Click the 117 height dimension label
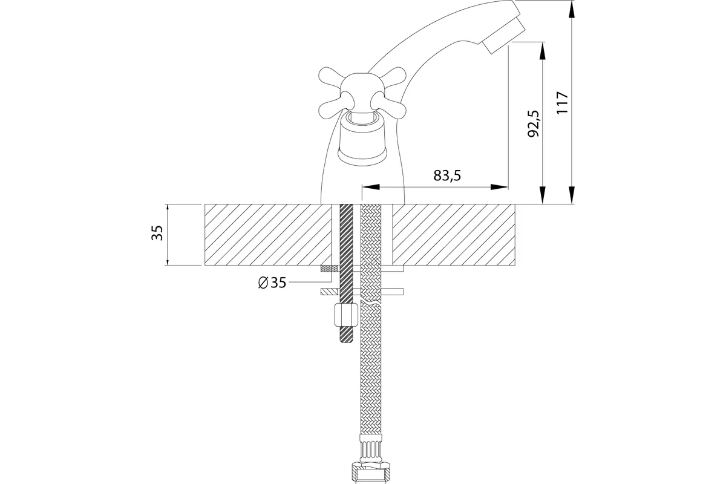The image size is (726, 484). click(x=563, y=102)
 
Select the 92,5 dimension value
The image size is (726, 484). click(x=533, y=123)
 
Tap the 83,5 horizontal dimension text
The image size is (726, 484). click(x=447, y=175)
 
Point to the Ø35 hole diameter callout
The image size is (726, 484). click(x=272, y=283)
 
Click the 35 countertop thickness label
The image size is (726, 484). click(x=157, y=232)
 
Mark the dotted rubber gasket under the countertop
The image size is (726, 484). click(x=330, y=269)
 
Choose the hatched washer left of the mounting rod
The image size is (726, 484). click(x=330, y=292)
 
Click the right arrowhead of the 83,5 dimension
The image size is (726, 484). click(x=499, y=187)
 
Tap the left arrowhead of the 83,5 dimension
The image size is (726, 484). click(x=371, y=187)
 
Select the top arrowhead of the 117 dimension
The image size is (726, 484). click(x=572, y=10)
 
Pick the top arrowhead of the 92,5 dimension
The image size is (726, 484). click(x=542, y=51)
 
